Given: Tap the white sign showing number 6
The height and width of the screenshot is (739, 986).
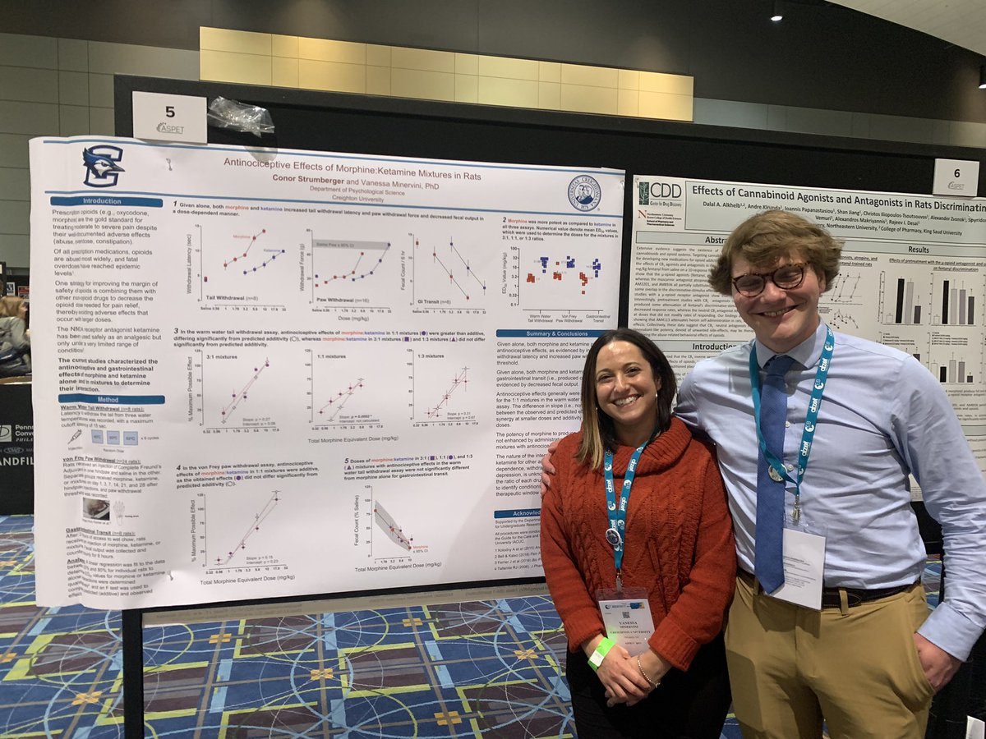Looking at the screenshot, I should [x=955, y=177].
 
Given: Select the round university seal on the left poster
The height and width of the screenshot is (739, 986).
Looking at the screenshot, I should [x=584, y=194].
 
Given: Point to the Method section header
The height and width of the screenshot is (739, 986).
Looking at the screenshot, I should [x=111, y=399].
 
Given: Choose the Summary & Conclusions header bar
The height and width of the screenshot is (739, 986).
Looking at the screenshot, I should [x=542, y=333].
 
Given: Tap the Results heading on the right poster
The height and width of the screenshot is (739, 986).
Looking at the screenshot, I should [x=918, y=249].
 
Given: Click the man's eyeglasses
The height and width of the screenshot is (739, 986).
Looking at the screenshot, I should [x=769, y=279].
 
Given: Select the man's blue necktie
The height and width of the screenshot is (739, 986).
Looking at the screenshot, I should [x=772, y=476].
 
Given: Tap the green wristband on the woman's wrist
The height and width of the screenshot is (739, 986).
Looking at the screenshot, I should [x=601, y=652].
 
